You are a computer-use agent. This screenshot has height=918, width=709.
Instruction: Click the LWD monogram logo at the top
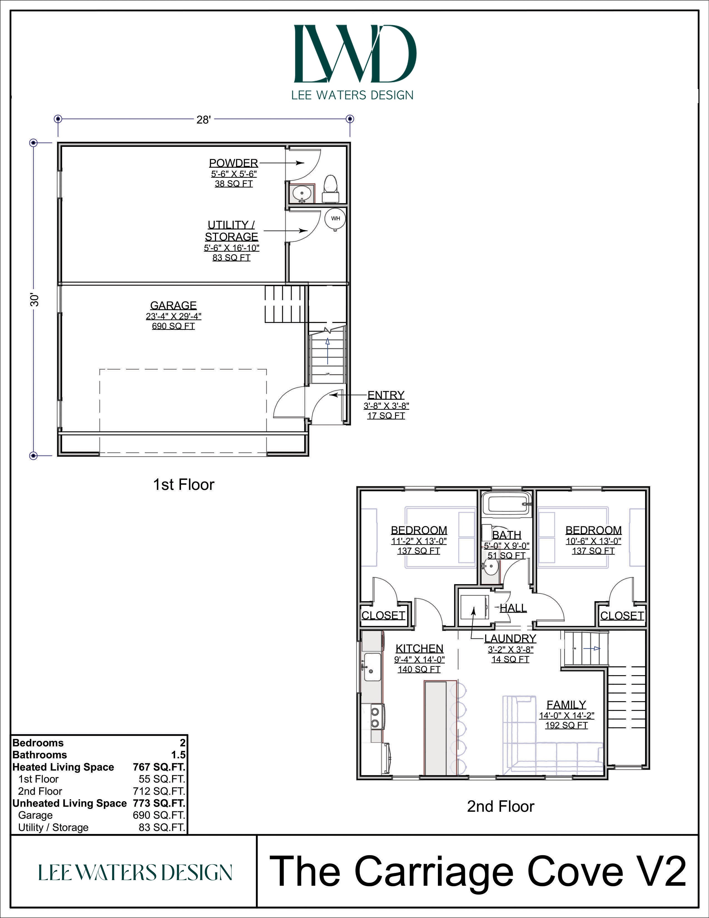coord(355,53)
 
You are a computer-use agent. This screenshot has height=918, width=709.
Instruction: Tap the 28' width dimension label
coord(203,120)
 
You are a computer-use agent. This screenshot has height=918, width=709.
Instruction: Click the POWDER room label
coord(234,163)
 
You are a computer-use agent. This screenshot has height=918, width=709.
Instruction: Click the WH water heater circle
coord(335,219)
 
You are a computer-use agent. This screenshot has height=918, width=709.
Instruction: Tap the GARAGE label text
coord(173,305)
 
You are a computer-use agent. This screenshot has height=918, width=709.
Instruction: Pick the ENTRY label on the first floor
coord(386,395)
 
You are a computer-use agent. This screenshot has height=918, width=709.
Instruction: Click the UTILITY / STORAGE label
coord(231,231)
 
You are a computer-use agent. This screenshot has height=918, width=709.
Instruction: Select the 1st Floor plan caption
coord(184,485)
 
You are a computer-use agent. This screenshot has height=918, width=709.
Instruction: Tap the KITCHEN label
coord(420,648)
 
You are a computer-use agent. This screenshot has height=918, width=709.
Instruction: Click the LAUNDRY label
coord(510,638)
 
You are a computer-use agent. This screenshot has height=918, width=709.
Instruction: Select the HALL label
coord(513,608)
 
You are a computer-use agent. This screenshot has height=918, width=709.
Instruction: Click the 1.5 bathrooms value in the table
coord(179,755)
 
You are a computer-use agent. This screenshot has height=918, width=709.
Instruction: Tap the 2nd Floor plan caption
coord(501,807)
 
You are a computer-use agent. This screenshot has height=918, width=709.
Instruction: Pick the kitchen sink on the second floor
coord(372,667)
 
